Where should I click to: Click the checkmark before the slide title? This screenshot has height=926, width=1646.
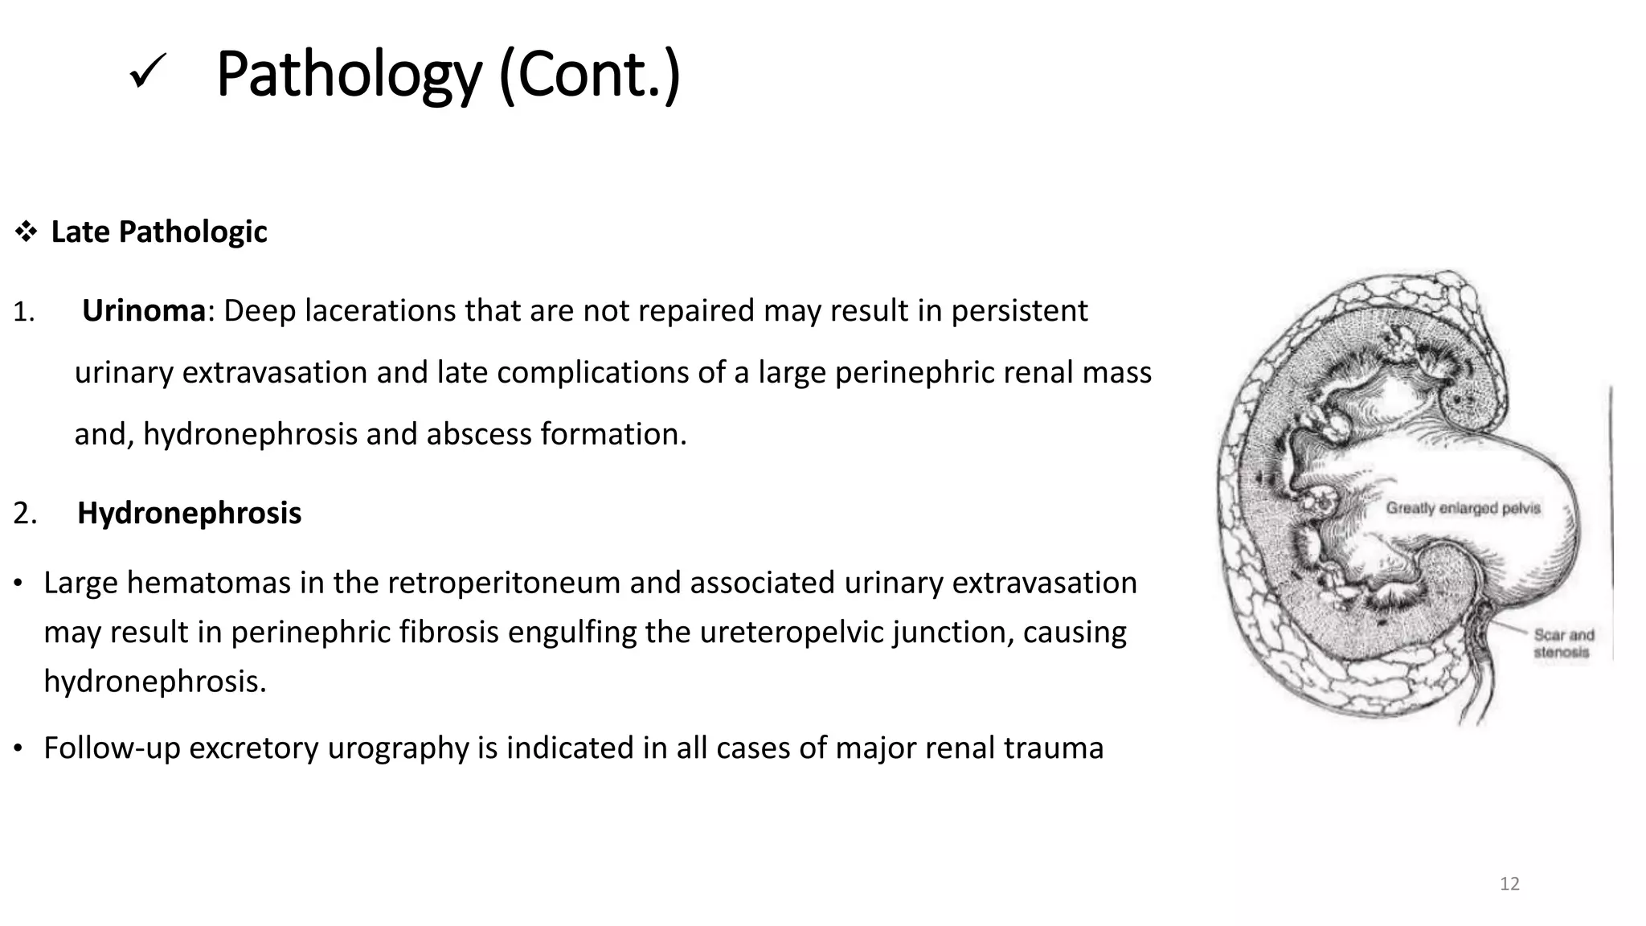pyautogui.click(x=147, y=75)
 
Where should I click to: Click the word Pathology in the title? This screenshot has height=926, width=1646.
pyautogui.click(x=348, y=75)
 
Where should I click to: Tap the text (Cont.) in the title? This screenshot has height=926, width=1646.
pyautogui.click(x=589, y=75)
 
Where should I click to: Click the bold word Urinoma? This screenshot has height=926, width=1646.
pyautogui.click(x=144, y=310)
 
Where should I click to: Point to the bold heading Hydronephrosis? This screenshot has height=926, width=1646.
pyautogui.click(x=189, y=513)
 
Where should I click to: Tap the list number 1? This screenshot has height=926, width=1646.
pyautogui.click(x=23, y=312)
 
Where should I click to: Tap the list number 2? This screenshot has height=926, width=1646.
pyautogui.click(x=25, y=514)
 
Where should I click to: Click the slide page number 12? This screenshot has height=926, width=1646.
pyautogui.click(x=1509, y=884)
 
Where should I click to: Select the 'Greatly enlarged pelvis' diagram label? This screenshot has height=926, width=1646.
pyautogui.click(x=1463, y=508)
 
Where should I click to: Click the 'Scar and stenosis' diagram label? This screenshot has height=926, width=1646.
pyautogui.click(x=1563, y=643)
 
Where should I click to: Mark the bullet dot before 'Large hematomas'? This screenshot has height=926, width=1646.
pyautogui.click(x=18, y=584)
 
